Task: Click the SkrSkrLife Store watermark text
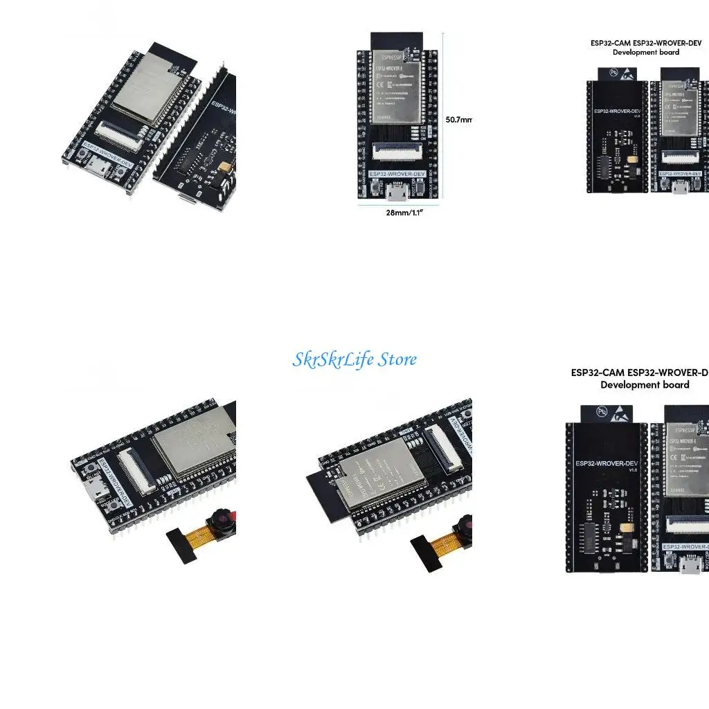[354, 359]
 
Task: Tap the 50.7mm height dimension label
[458, 119]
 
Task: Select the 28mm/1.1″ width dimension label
[404, 213]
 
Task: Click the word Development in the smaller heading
[631, 53]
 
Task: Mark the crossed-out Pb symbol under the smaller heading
[613, 71]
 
